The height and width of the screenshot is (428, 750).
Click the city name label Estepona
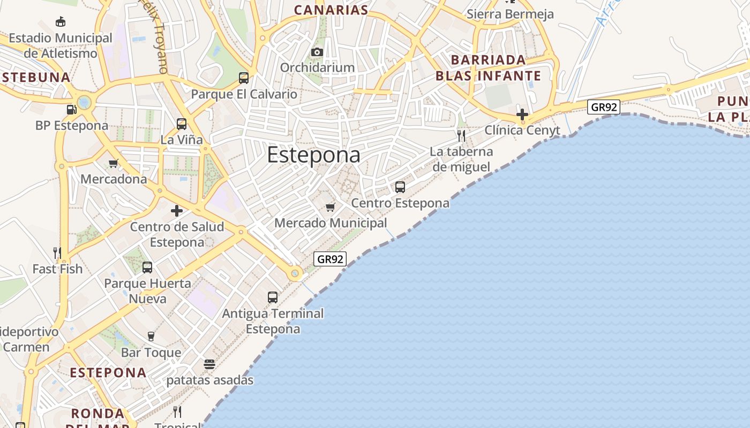[313, 155]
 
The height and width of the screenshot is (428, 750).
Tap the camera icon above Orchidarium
[317, 52]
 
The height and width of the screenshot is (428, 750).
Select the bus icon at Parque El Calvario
[244, 78]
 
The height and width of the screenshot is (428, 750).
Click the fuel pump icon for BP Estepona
[71, 110]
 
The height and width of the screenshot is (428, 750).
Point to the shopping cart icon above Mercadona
[113, 163]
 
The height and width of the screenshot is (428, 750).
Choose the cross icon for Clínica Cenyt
[522, 114]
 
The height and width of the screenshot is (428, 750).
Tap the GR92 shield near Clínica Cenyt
[604, 107]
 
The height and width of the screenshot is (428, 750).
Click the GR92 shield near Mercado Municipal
[330, 259]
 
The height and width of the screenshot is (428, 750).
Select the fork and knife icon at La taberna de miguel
[461, 135]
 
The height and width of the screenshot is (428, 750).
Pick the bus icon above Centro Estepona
[400, 187]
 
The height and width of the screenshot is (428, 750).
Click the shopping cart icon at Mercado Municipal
[331, 207]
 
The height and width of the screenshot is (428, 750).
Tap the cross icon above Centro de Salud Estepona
[177, 211]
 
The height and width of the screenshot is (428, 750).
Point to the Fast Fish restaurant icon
[57, 253]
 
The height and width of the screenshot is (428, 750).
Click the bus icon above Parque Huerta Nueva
[147, 267]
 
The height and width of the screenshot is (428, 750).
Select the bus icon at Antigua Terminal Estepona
[273, 297]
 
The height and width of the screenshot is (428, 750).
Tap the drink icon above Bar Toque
[151, 337]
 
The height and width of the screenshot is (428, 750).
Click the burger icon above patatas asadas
[209, 364]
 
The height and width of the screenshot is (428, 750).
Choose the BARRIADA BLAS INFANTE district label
[488, 68]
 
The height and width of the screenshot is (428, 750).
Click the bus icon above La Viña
[182, 124]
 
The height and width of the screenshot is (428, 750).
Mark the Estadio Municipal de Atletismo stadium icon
[61, 22]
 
